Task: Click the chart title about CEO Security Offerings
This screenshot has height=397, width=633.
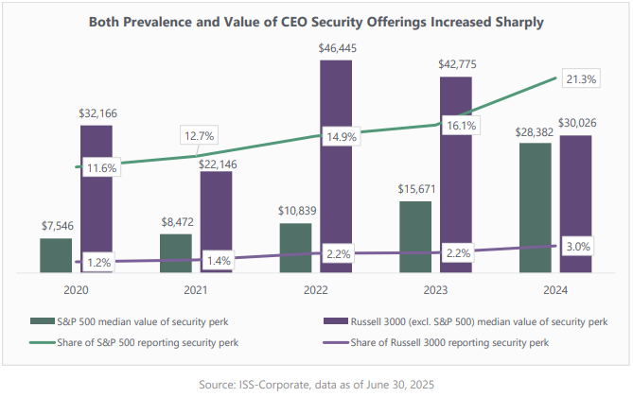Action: pos(316,22)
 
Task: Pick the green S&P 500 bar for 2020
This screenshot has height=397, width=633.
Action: pos(56,256)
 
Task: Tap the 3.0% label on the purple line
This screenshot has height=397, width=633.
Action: pos(576,247)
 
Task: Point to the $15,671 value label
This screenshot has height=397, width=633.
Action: pos(415,187)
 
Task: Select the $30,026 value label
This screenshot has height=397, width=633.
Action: pos(576,121)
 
